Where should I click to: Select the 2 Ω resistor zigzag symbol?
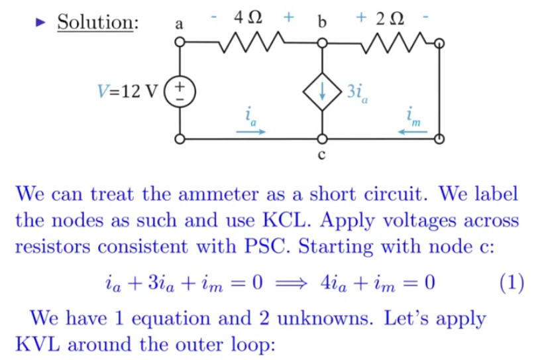pos(394,42)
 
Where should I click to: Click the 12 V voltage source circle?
pos(180,91)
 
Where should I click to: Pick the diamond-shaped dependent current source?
pos(322,91)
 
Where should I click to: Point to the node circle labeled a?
pos(180,42)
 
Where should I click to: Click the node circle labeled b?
pos(322,43)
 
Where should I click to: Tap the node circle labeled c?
pos(322,139)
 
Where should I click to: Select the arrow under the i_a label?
pos(250,131)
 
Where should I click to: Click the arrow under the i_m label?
pos(412,131)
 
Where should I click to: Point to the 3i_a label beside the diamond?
pos(357,92)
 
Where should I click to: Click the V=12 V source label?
pos(127,91)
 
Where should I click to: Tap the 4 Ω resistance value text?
pos(248,17)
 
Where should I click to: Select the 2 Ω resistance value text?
pos(390,19)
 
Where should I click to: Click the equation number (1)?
pos(512,283)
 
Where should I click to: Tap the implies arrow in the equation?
pos(292,284)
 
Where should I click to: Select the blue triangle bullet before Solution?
pos(40,23)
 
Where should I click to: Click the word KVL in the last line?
pos(38,344)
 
